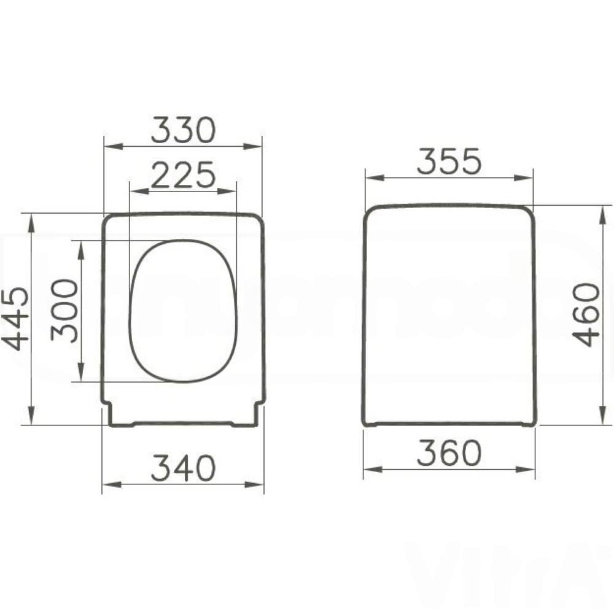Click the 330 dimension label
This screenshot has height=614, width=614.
tap(183, 130)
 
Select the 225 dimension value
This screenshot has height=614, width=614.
tap(183, 175)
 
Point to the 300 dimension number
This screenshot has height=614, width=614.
tap(65, 310)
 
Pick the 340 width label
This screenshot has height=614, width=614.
tap(183, 468)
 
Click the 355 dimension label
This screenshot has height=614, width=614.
tap(449, 162)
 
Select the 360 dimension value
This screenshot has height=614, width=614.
tap(449, 454)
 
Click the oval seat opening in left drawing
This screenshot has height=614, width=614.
tap(183, 310)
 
